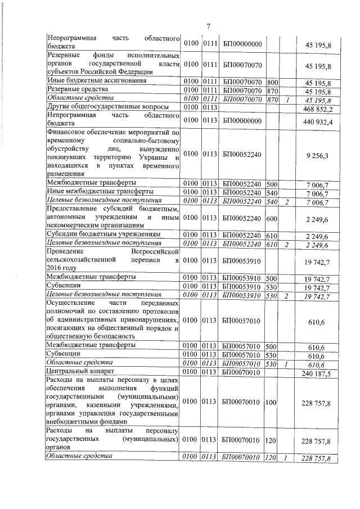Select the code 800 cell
click(x=272, y=82)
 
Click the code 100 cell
click(x=272, y=403)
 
